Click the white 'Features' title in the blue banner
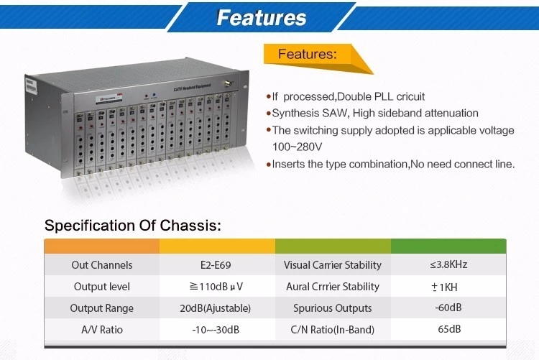click(x=262, y=17)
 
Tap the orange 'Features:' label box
click(x=307, y=54)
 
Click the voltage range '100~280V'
click(x=297, y=147)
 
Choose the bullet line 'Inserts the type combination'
click(x=392, y=164)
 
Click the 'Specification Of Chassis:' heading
click(x=132, y=225)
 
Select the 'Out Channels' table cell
click(x=102, y=264)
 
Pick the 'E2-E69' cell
click(x=217, y=264)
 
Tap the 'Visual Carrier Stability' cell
click(x=333, y=264)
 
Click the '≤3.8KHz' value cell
click(x=448, y=264)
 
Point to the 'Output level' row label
click(x=102, y=286)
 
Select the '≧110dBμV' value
click(x=217, y=286)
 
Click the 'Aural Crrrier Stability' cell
click(x=333, y=286)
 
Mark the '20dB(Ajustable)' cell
click(x=217, y=308)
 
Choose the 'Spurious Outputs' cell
click(x=333, y=308)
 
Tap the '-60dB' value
click(x=448, y=308)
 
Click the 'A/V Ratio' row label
click(x=102, y=329)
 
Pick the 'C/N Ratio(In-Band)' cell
click(x=333, y=329)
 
